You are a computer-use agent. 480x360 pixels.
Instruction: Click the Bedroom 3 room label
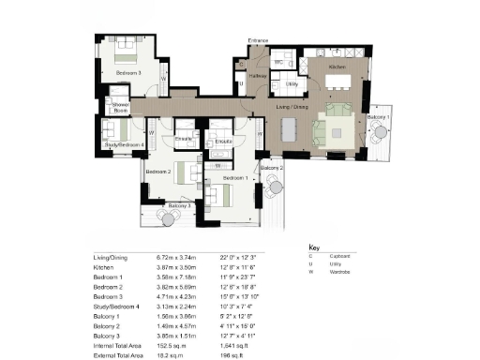click(129, 72)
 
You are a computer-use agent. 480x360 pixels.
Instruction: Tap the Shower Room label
click(120, 106)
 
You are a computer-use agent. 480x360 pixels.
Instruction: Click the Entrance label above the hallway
click(259, 41)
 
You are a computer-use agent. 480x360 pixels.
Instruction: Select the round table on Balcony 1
click(378, 130)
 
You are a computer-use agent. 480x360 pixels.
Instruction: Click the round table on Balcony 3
click(170, 217)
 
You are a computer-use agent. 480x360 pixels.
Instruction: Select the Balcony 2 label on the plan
click(271, 167)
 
